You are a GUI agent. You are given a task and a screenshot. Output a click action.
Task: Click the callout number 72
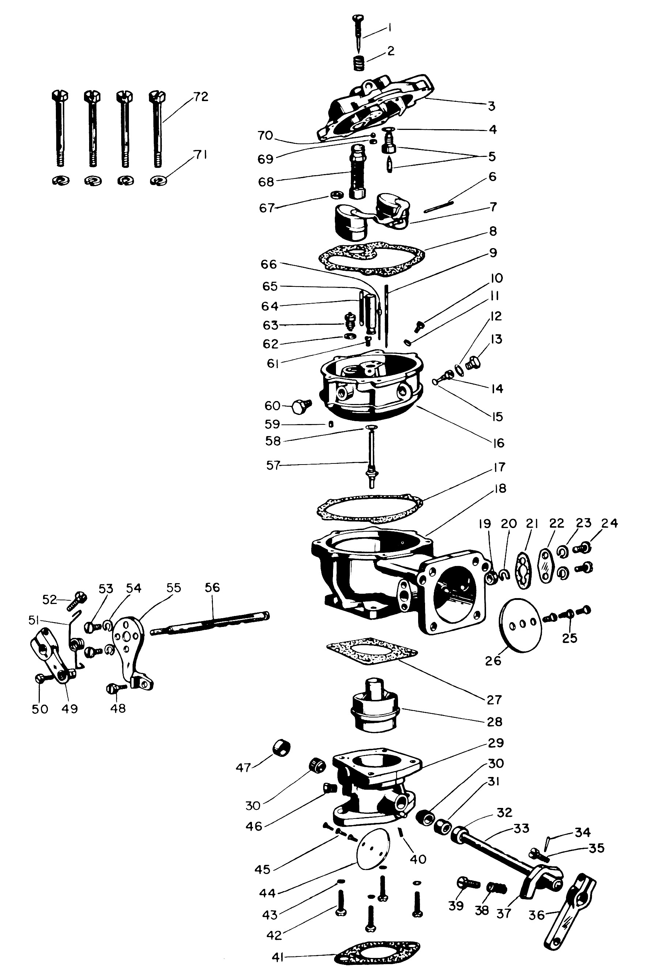point(200,97)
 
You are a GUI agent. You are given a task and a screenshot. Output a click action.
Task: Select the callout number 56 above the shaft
point(212,588)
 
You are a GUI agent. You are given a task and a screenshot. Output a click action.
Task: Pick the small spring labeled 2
point(359,63)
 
